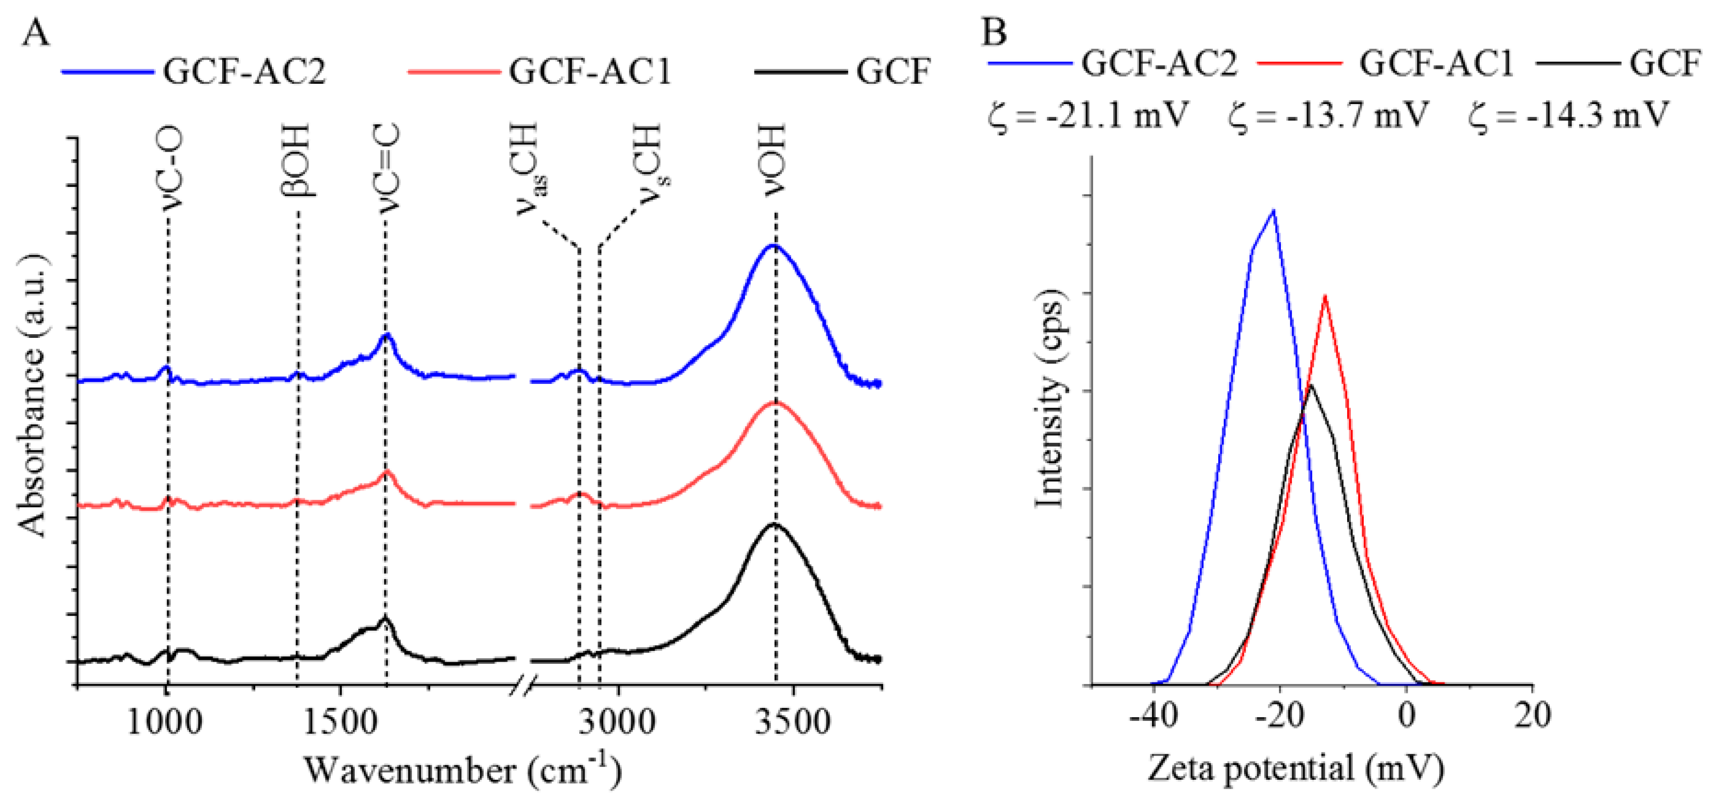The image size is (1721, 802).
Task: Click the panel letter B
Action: (994, 32)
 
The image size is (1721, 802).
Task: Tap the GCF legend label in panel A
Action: (893, 71)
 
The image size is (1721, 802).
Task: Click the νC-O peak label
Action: (172, 171)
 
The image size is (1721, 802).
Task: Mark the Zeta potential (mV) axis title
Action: (1296, 768)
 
